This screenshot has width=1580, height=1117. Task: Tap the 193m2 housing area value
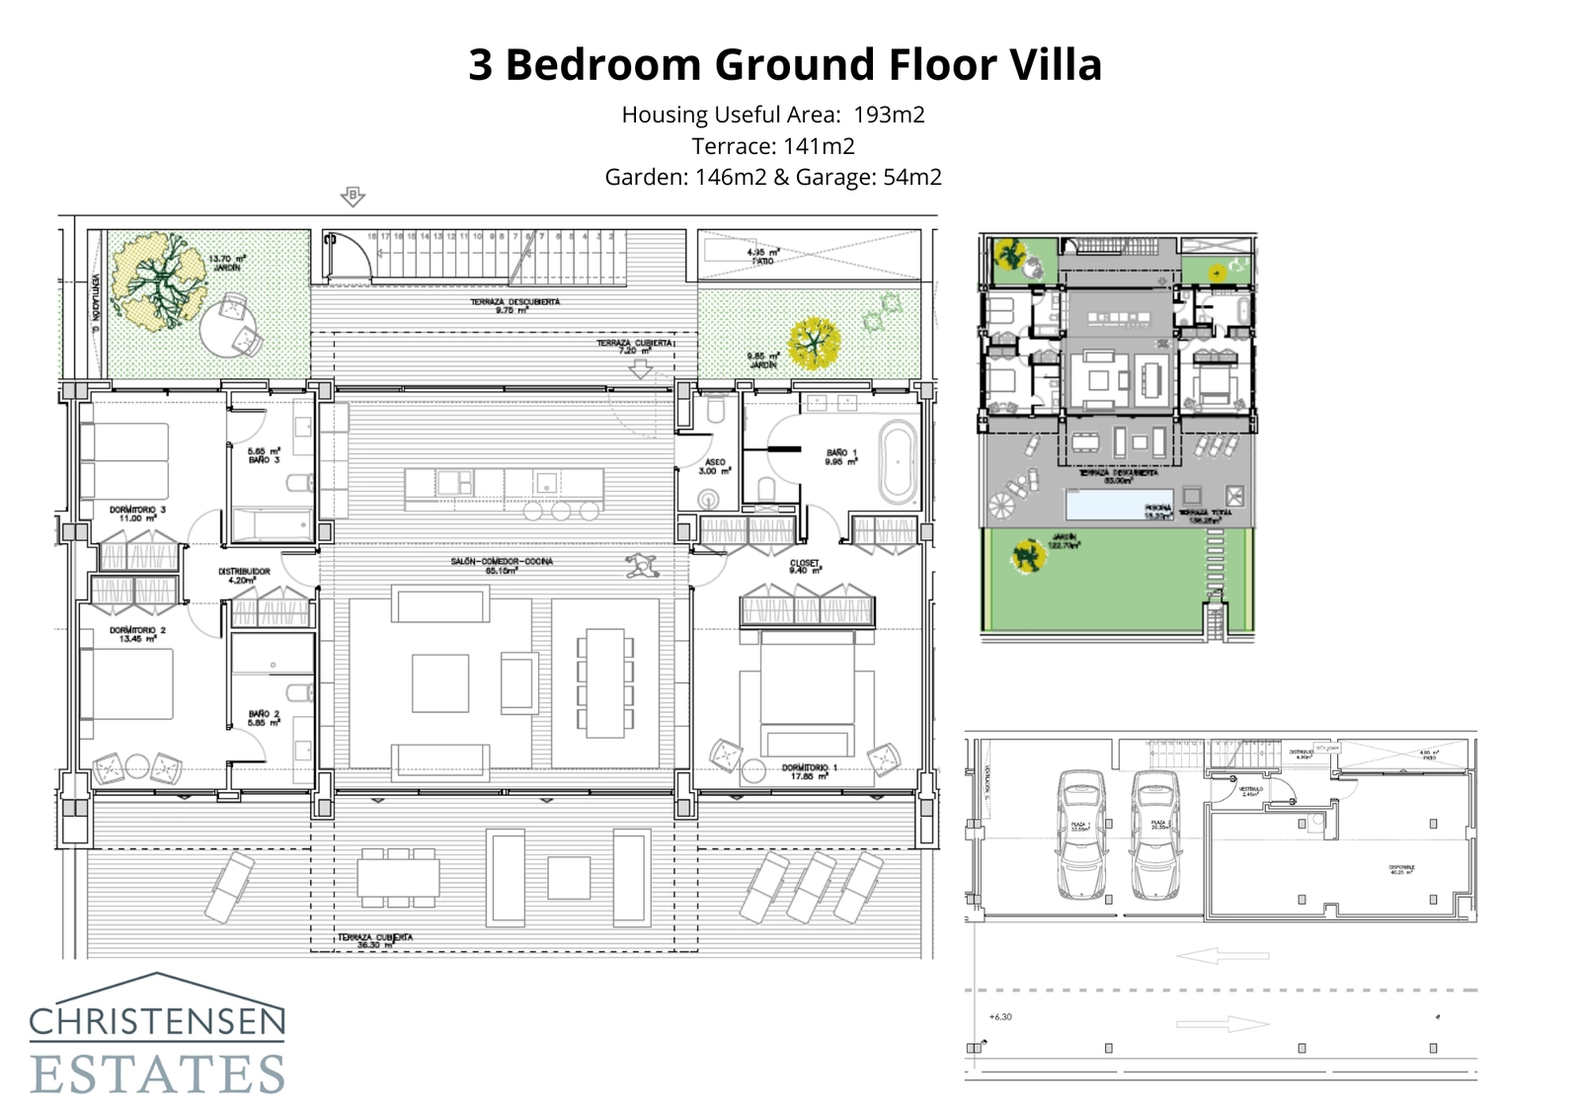(x=889, y=115)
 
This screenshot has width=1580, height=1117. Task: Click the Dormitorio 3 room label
(x=137, y=513)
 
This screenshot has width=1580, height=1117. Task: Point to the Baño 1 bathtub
(x=898, y=461)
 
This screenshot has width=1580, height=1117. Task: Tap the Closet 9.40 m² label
(x=805, y=566)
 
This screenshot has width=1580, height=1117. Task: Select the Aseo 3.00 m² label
(x=714, y=466)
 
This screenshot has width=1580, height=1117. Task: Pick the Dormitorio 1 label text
(x=809, y=770)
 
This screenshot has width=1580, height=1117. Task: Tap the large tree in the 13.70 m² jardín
(x=159, y=279)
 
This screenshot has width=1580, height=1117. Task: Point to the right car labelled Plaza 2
(x=1153, y=835)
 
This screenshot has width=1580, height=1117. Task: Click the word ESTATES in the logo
(x=158, y=1075)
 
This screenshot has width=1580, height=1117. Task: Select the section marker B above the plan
(x=353, y=196)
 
